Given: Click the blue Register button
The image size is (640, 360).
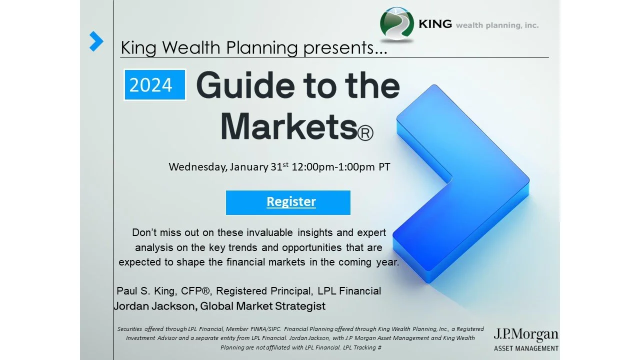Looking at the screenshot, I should (x=288, y=202).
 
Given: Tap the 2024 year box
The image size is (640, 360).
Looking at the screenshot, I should (x=155, y=85).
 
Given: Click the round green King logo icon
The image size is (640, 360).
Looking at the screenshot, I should (x=397, y=24).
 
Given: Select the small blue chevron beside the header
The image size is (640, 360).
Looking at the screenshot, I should (x=96, y=41).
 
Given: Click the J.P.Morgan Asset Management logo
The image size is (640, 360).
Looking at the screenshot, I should (x=525, y=339).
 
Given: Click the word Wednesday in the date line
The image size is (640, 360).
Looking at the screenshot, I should (x=197, y=167).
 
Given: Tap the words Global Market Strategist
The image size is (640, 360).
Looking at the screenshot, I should (x=263, y=306).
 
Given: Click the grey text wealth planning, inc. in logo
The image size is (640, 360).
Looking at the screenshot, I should (x=497, y=25).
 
